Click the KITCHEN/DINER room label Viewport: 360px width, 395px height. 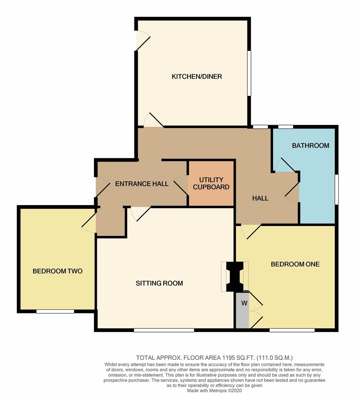tap(197, 76)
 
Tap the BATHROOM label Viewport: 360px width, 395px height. tap(310, 146)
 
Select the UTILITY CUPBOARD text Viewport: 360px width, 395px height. tap(211, 183)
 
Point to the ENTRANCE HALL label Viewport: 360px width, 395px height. tap(142, 184)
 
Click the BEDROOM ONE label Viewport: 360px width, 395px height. tap(295, 264)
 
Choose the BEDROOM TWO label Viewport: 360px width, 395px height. tap(57, 271)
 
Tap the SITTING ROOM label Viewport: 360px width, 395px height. tap(159, 283)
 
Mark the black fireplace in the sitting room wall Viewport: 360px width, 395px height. tap(235, 276)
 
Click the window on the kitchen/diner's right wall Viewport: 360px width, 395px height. tap(249, 73)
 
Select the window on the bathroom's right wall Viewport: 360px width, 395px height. tap(336, 189)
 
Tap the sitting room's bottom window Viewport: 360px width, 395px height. tap(164, 330)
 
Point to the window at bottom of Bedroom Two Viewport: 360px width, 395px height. tap(55, 312)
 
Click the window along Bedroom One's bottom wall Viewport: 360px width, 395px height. tap(292, 330)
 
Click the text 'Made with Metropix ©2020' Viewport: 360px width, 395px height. tap(214, 391)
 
